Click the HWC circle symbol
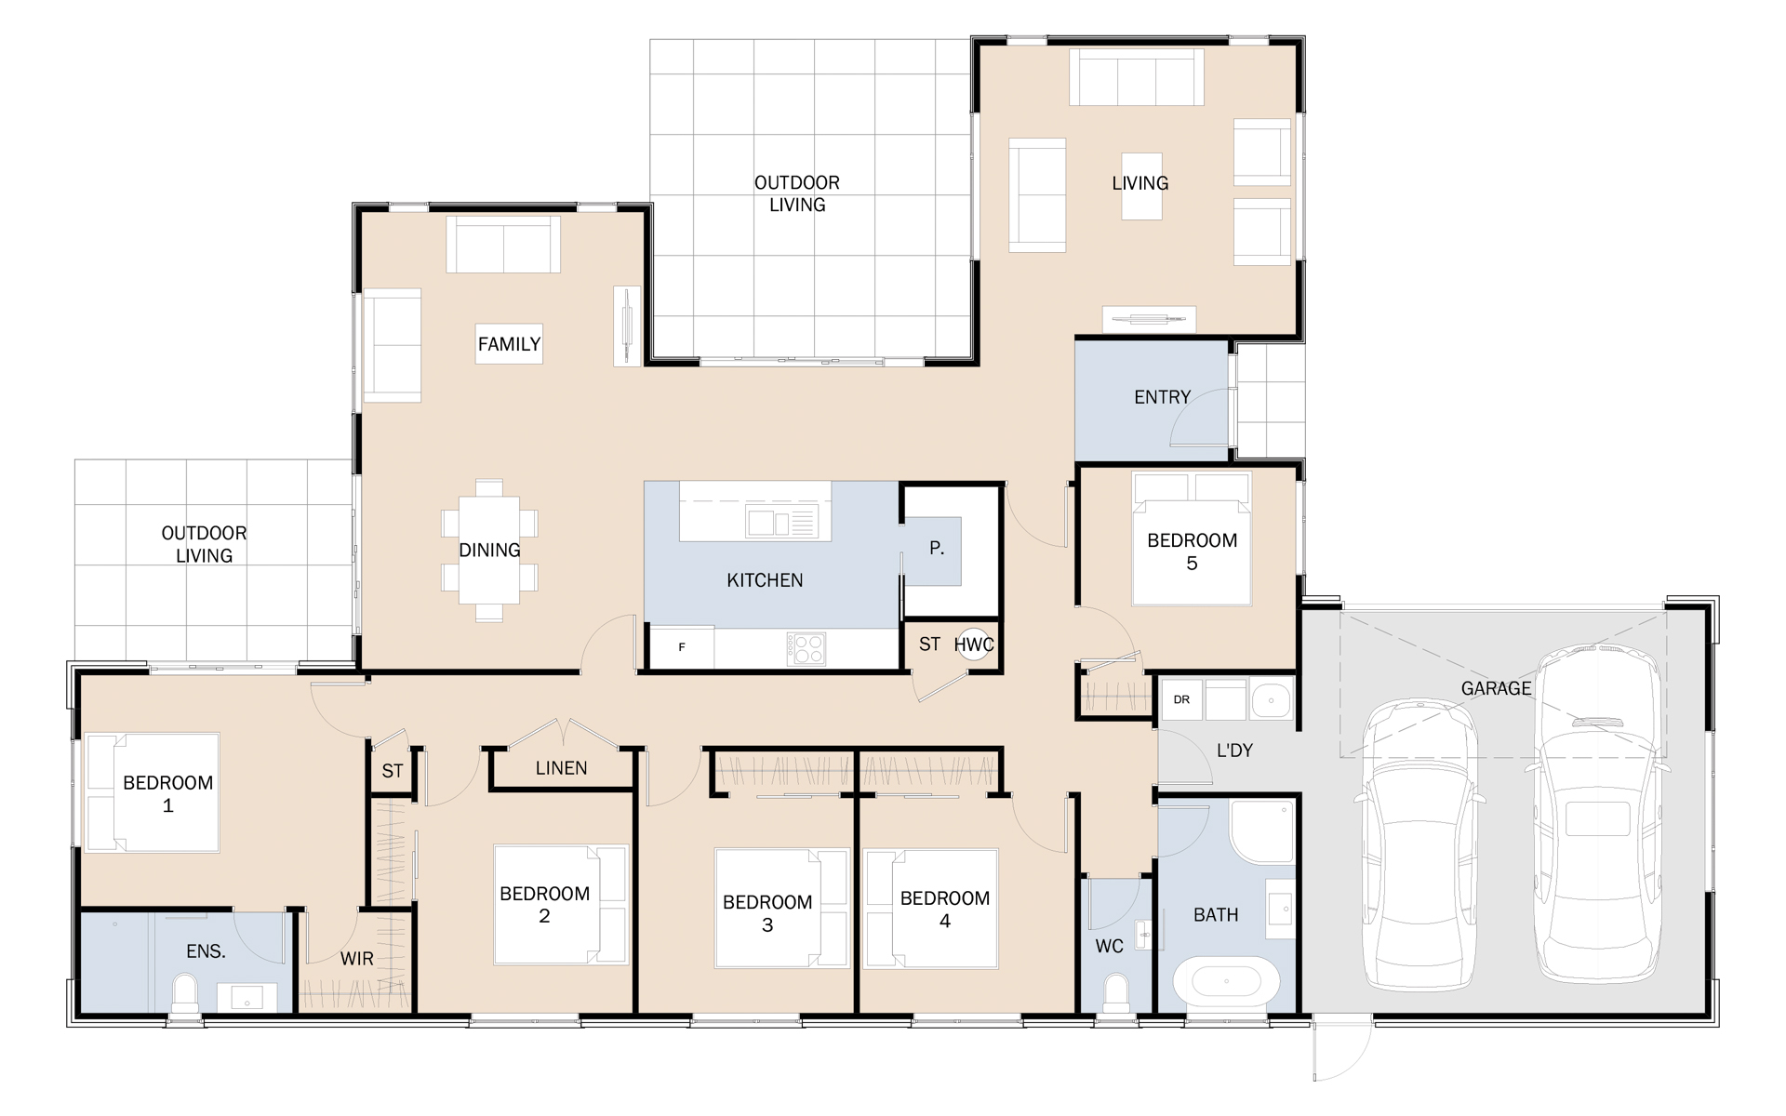coord(973,644)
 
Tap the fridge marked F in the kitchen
coord(682,647)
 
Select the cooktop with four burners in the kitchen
coord(806,649)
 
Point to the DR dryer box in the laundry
coord(1181,699)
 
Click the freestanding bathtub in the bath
coord(1226,981)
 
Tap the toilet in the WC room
coord(1114,992)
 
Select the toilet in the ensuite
coord(185,993)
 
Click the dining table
coord(489,550)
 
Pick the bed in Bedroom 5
coord(1192,539)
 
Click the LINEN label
coord(561,768)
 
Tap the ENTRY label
coord(1162,397)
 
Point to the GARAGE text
coord(1496,688)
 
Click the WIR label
coord(356,959)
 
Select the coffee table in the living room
coord(1141,186)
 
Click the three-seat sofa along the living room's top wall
coord(1137,76)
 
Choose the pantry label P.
coord(937,549)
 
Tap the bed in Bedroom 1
coord(152,792)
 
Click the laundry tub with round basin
coord(1271,700)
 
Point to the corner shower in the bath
coord(1261,831)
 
